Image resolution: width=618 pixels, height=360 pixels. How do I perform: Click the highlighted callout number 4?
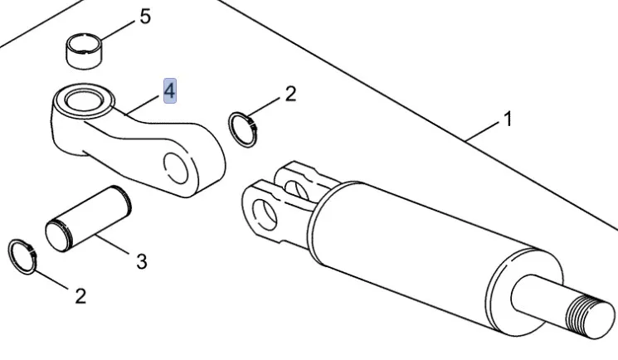[x=170, y=91]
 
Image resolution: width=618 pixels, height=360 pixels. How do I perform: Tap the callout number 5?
[x=145, y=17]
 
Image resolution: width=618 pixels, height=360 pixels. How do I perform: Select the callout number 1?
[x=508, y=119]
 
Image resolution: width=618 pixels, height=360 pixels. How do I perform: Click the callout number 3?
[x=142, y=261]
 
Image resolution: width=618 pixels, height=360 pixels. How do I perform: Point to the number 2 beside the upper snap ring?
[x=290, y=95]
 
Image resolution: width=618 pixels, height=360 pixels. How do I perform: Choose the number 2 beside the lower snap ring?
[x=80, y=296]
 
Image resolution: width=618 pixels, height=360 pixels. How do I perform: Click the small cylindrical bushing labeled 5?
[x=84, y=51]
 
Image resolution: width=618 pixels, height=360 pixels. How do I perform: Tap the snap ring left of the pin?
[x=22, y=256]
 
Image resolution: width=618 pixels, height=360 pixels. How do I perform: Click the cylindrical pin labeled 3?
[x=88, y=219]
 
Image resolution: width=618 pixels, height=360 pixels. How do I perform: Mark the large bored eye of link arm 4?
[x=84, y=100]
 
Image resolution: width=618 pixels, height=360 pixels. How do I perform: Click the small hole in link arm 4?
[x=176, y=168]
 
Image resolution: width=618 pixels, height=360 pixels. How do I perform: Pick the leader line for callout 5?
[x=119, y=30]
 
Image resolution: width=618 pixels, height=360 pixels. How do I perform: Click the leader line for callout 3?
[x=114, y=245]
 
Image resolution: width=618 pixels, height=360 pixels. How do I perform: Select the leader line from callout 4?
[x=144, y=105]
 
